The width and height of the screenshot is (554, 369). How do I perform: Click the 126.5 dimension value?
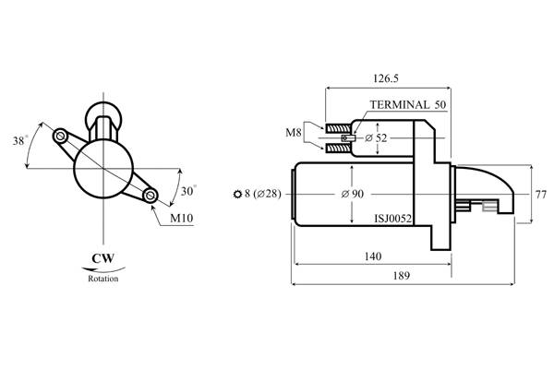pyautogui.click(x=385, y=78)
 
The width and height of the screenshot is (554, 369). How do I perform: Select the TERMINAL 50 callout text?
pyautogui.click(x=408, y=104)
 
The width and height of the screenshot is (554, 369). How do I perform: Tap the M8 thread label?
pyautogui.click(x=294, y=133)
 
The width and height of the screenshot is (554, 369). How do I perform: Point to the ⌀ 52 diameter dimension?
pyautogui.click(x=376, y=137)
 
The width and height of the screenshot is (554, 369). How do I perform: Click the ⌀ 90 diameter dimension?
pyautogui.click(x=353, y=194)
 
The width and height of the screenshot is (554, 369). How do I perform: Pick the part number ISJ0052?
pyautogui.click(x=393, y=219)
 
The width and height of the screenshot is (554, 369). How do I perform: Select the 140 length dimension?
pyautogui.click(x=373, y=256)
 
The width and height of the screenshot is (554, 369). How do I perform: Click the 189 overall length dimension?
pyautogui.click(x=401, y=276)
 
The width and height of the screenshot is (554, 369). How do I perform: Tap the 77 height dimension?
pyautogui.click(x=541, y=195)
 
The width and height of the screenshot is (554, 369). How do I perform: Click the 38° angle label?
pyautogui.click(x=19, y=140)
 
